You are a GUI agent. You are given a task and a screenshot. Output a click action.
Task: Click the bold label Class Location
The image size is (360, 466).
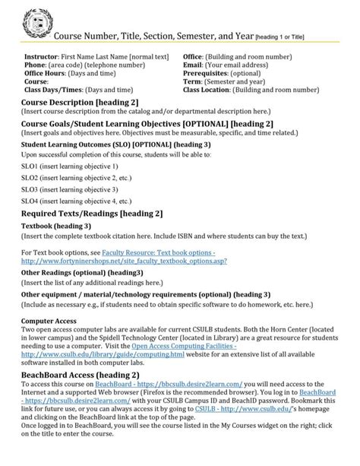coord(210,89)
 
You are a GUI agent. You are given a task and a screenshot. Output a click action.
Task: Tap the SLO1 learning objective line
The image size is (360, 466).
coord(69,165)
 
